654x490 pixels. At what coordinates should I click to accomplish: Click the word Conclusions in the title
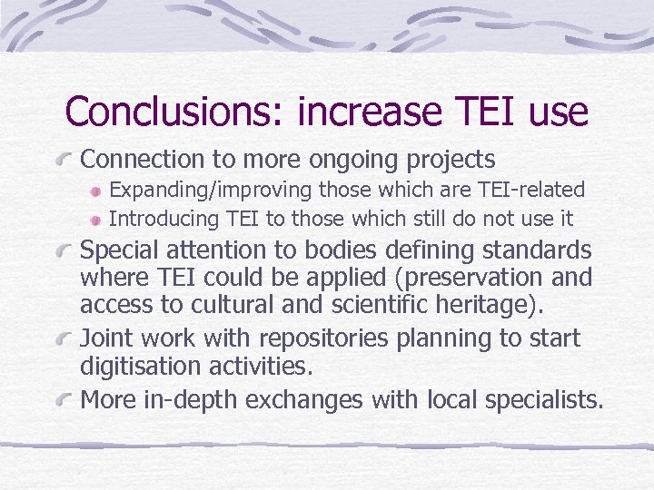[x=173, y=113]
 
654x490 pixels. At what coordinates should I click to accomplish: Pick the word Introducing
[x=164, y=218]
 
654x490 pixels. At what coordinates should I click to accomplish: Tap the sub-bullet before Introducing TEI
[x=96, y=219]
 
